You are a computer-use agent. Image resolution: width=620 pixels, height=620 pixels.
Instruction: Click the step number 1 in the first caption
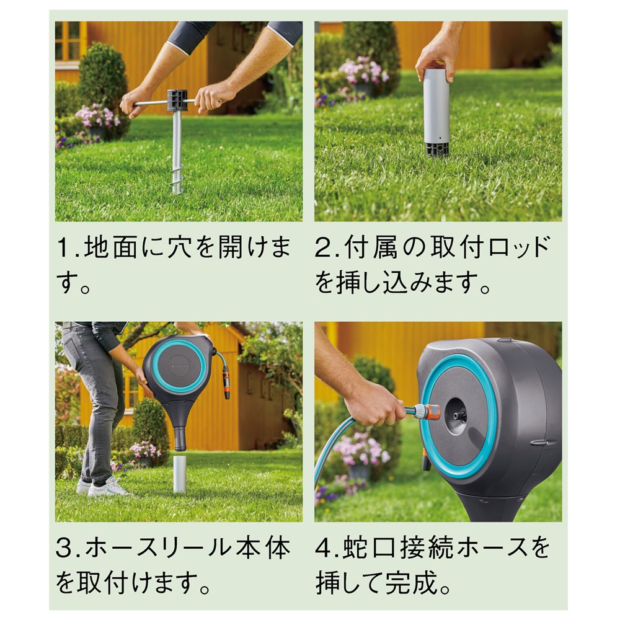pyautogui.click(x=63, y=249)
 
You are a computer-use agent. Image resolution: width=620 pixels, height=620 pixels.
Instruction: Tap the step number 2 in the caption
pyautogui.click(x=323, y=249)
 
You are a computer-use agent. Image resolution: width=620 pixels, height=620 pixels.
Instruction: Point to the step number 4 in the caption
pyautogui.click(x=324, y=549)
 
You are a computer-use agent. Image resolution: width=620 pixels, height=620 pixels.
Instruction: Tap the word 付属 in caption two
pyautogui.click(x=370, y=248)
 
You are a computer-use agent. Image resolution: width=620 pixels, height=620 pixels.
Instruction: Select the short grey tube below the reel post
pyautogui.click(x=180, y=473)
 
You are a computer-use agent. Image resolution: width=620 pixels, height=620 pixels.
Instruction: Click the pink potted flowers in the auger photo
pyautogui.click(x=97, y=117)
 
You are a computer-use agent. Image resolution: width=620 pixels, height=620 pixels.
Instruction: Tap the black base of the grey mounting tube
pyautogui.click(x=436, y=149)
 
